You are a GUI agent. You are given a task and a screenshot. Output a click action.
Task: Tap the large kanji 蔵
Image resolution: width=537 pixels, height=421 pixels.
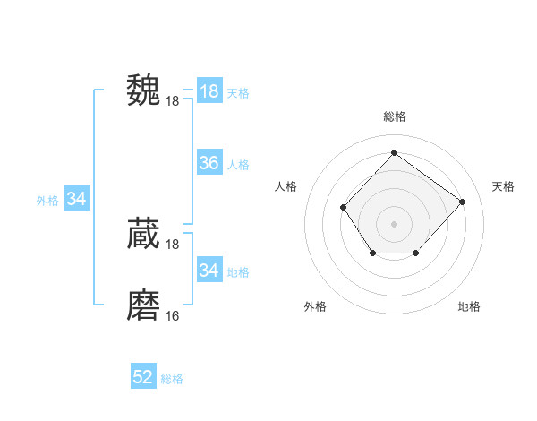click(x=143, y=234)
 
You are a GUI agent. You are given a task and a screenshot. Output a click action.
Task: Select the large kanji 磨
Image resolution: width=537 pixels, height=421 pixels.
click(x=143, y=305)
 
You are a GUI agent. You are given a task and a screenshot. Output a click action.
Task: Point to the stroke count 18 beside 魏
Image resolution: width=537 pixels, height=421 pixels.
click(x=173, y=101)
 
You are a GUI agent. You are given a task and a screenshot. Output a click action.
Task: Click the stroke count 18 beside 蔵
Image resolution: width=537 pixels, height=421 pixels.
click(x=173, y=245)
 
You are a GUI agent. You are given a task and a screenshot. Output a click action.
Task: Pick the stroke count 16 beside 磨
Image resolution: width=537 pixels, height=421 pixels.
click(x=173, y=316)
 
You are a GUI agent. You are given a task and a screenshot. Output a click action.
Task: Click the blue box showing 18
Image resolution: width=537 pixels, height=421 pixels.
click(x=209, y=90)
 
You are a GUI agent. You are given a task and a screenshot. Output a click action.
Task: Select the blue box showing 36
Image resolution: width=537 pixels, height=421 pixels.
click(x=209, y=163)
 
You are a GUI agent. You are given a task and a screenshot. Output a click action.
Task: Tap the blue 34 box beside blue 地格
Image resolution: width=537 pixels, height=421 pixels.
click(x=209, y=271)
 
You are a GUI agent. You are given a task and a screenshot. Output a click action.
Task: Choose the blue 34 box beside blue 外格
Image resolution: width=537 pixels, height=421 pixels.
click(x=76, y=199)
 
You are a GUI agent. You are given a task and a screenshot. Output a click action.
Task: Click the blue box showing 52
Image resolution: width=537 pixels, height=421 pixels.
click(x=143, y=377)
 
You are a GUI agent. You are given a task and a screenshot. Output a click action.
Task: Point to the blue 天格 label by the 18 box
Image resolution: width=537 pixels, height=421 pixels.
click(x=238, y=92)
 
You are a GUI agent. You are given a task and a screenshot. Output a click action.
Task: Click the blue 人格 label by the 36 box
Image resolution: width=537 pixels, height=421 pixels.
click(x=238, y=165)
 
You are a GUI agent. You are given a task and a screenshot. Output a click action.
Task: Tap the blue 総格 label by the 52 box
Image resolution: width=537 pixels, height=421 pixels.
click(x=172, y=379)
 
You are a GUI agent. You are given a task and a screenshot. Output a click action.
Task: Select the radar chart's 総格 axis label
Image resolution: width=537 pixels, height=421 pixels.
click(x=394, y=116)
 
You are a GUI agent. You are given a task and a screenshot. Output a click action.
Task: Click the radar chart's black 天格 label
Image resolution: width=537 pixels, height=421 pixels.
click(x=503, y=186)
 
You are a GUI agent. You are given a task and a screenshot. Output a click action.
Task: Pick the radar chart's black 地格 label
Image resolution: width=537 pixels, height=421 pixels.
click(x=469, y=306)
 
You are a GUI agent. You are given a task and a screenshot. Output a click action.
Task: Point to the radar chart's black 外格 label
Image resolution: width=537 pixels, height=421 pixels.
click(x=315, y=306)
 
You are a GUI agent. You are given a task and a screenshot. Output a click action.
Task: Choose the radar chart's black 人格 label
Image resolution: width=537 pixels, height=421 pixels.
click(x=286, y=186)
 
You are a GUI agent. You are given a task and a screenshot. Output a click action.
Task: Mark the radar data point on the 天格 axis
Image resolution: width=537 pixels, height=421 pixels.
click(x=462, y=202)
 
